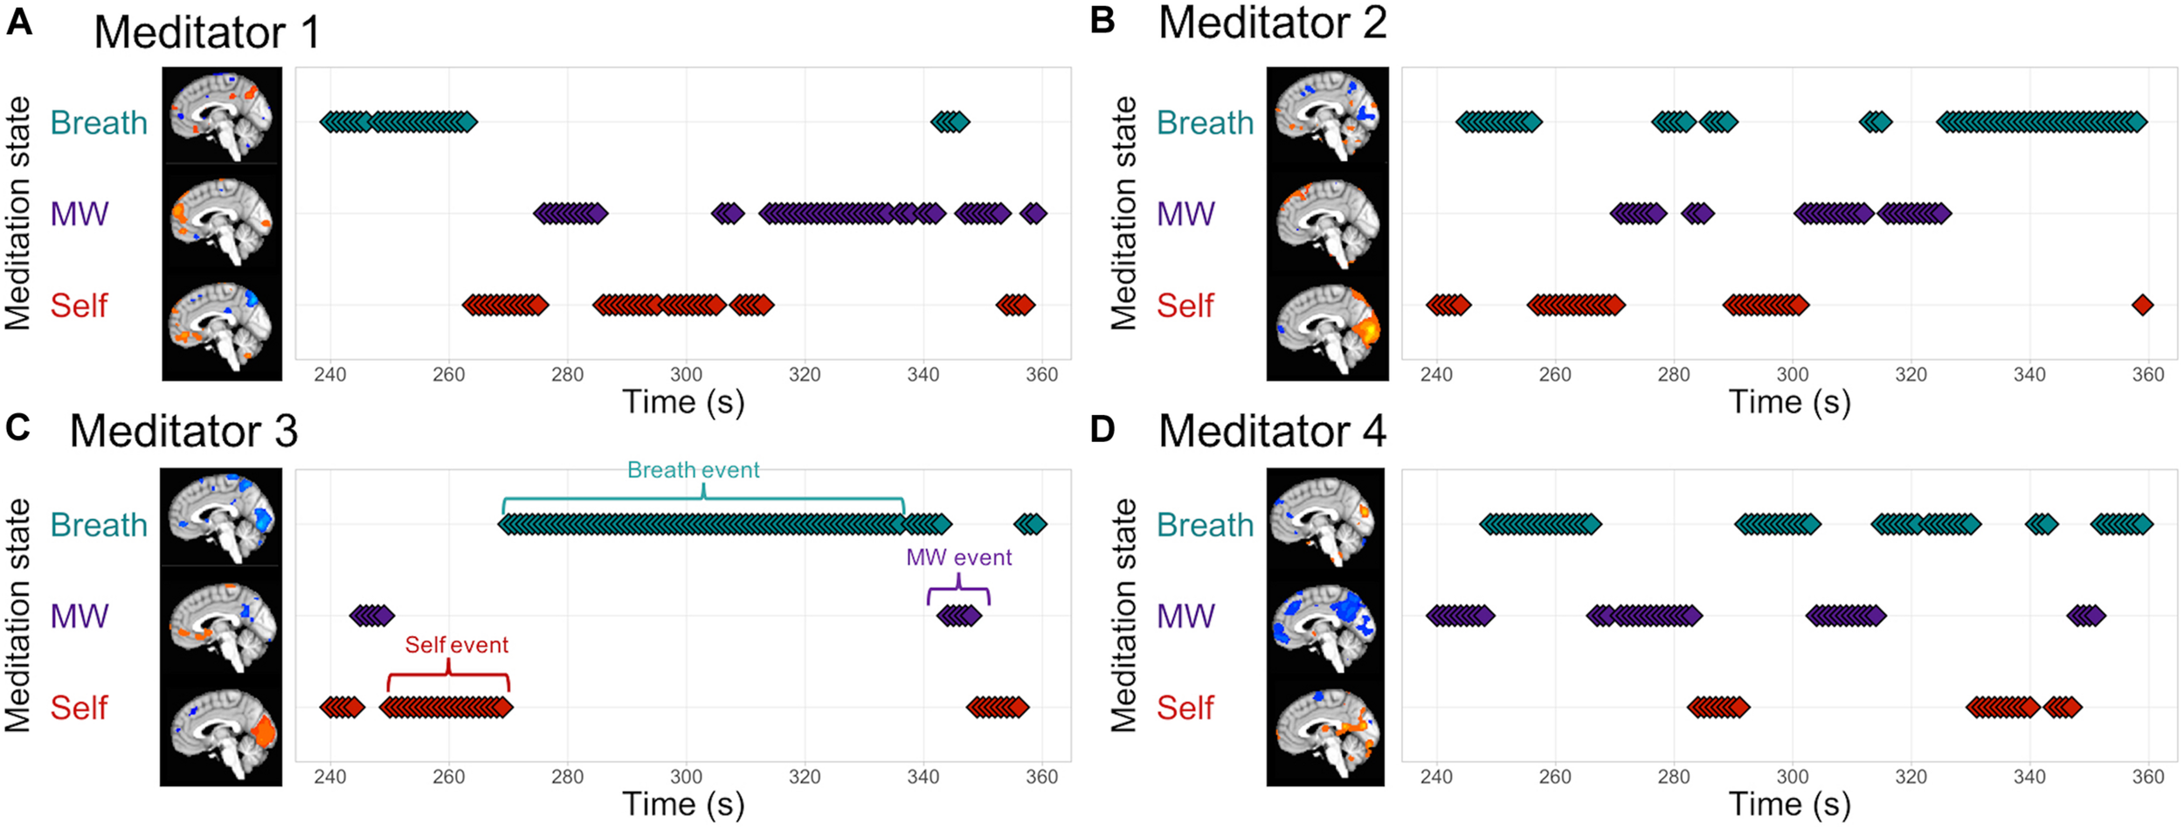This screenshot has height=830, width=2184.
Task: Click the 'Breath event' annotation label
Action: click(693, 470)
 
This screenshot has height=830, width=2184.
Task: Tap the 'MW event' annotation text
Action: click(958, 557)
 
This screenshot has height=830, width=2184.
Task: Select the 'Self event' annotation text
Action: click(456, 645)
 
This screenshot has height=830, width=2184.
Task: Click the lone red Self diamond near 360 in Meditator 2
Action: click(2142, 305)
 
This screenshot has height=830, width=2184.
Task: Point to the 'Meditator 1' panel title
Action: click(207, 33)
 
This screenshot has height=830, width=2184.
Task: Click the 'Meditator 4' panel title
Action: click(1272, 431)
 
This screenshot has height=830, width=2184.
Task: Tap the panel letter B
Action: click(1102, 19)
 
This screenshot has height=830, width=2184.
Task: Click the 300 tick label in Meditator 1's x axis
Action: click(686, 375)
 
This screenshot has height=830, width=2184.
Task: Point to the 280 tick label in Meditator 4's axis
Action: click(1673, 777)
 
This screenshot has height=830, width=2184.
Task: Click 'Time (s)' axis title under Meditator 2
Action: click(1789, 402)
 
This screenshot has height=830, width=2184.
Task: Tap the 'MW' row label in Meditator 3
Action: click(79, 616)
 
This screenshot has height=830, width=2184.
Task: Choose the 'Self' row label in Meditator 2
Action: click(1185, 306)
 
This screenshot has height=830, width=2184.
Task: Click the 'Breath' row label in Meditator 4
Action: click(1205, 525)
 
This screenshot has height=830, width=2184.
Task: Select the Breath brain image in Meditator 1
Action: click(222, 117)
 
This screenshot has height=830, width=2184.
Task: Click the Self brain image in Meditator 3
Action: click(222, 732)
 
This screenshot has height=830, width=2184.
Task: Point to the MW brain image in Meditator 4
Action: click(1325, 627)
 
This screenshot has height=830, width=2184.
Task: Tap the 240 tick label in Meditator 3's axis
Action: click(329, 777)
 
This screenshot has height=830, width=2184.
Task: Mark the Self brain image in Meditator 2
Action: click(1327, 330)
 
